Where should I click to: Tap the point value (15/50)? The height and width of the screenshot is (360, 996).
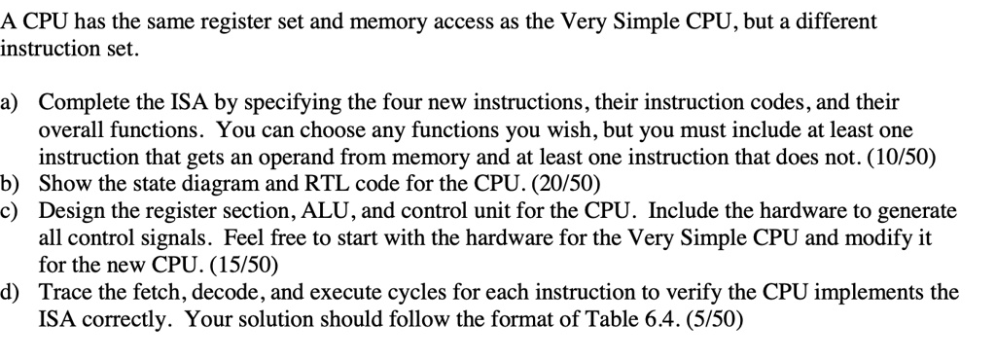pos(231,264)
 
